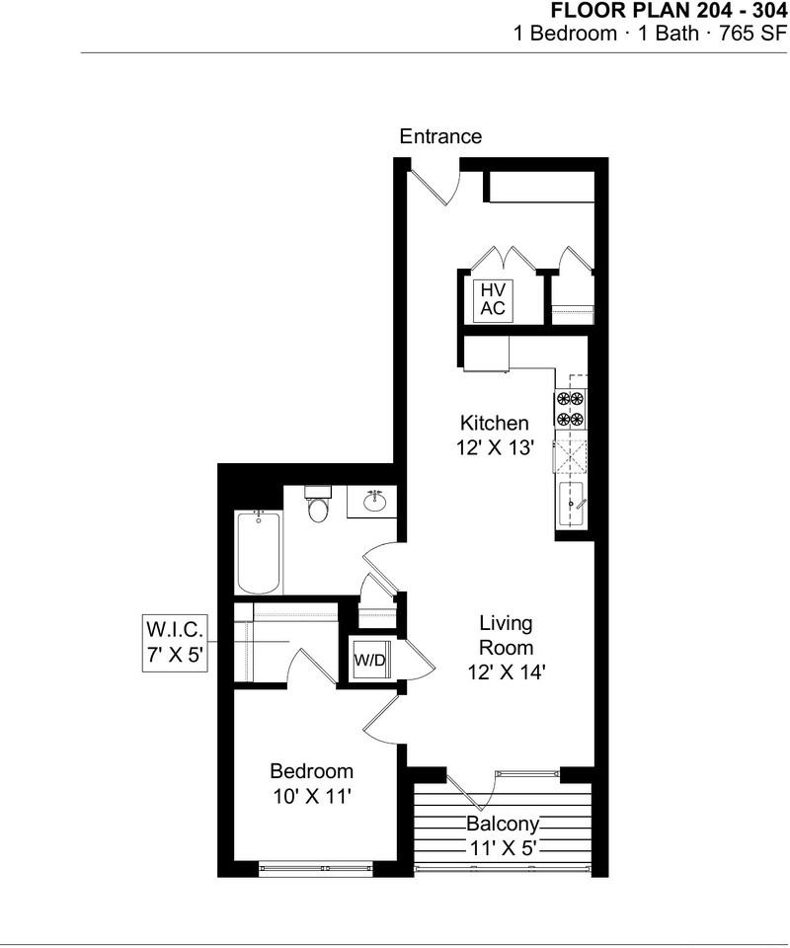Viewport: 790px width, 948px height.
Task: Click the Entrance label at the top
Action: [x=440, y=137]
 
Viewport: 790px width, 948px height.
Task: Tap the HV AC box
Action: [x=493, y=299]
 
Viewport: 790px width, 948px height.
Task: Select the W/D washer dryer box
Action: [x=370, y=661]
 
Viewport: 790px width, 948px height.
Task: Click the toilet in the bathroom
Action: [x=317, y=506]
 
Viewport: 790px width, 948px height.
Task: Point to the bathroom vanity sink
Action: [x=373, y=502]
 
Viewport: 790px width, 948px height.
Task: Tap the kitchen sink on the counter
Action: [x=572, y=506]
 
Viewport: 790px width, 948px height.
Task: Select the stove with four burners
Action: [x=571, y=409]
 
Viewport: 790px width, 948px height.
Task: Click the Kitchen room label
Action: [x=494, y=423]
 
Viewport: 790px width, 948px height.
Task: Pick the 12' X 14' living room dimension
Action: [x=507, y=672]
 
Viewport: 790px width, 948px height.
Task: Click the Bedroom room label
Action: [x=311, y=771]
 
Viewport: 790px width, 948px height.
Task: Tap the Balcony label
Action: [x=503, y=824]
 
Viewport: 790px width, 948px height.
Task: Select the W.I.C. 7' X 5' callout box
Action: [x=175, y=642]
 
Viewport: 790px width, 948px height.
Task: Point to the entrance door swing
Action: [x=433, y=187]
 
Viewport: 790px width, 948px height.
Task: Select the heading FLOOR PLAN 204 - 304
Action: [x=669, y=11]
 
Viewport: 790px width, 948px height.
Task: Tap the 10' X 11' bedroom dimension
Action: [x=311, y=797]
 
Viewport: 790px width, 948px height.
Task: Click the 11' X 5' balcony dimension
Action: [x=503, y=847]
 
